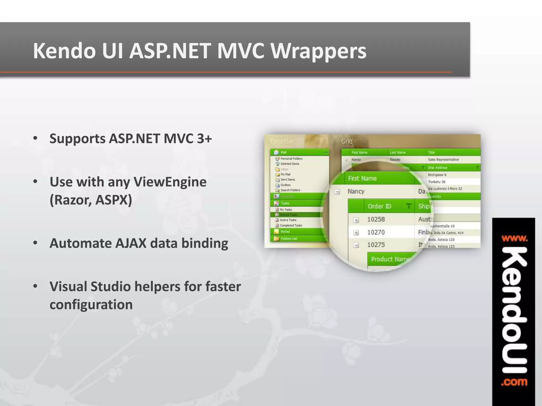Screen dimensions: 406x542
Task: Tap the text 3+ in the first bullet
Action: pos(204,139)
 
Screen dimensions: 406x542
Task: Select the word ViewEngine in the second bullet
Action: pos(170,182)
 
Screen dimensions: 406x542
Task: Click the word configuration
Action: pos(91,304)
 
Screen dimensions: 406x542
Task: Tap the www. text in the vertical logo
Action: pos(514,239)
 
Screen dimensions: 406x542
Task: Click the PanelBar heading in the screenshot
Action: pos(282,142)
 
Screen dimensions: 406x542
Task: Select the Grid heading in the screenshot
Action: pos(346,141)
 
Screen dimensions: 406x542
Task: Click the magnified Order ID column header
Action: pos(379,206)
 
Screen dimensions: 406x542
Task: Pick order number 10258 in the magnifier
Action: pos(376,219)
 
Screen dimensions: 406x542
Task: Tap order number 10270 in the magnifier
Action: pos(376,232)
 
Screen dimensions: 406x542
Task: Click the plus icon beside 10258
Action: pos(356,220)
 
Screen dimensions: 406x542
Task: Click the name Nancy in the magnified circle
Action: pos(356,191)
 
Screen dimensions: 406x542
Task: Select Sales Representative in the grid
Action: pos(443,160)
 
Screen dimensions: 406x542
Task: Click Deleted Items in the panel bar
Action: pos(290,164)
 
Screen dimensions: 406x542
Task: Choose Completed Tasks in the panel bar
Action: pos(291,225)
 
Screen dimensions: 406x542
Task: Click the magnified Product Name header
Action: pos(390,259)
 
